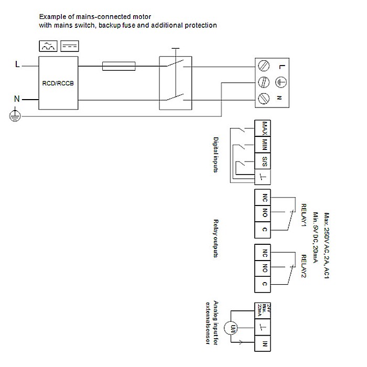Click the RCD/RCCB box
(58, 83)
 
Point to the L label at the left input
(17, 66)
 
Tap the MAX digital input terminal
(265, 128)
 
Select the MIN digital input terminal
(265, 144)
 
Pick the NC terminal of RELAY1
(265, 198)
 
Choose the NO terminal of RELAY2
(265, 268)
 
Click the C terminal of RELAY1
(265, 230)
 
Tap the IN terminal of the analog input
(265, 344)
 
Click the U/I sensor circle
(230, 328)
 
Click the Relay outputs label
(215, 239)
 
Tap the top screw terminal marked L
(265, 66)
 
